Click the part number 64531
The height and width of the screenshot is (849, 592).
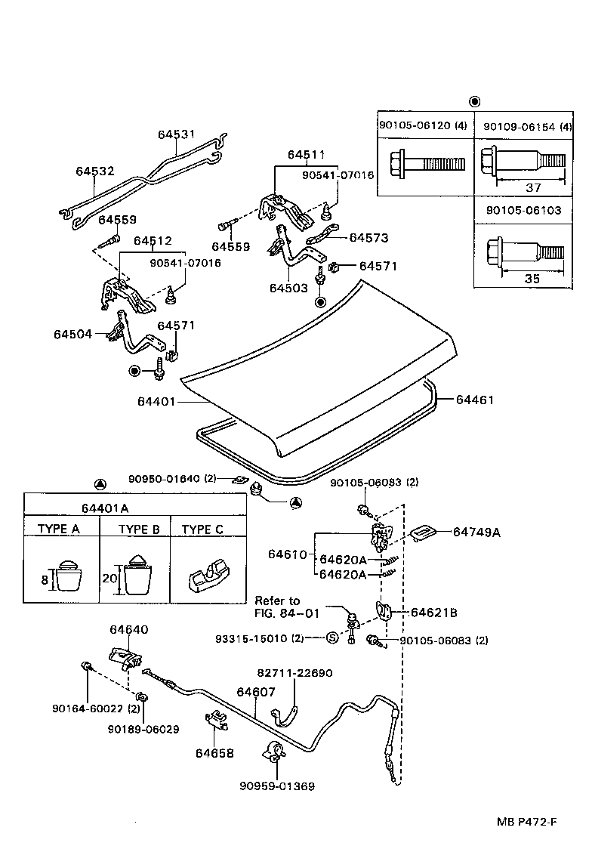coord(176,134)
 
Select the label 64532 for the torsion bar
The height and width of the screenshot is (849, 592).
coord(94,171)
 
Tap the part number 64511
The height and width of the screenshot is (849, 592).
coord(306,155)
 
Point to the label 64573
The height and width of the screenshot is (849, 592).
coord(368,237)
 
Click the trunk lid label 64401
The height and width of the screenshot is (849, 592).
coord(156,401)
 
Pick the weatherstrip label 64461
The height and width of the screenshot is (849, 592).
coord(474,400)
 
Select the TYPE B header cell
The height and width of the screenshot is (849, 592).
coord(139,529)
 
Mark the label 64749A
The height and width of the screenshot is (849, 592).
coord(476,532)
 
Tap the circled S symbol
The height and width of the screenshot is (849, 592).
coord(331,638)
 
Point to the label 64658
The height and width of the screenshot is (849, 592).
coord(214,752)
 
